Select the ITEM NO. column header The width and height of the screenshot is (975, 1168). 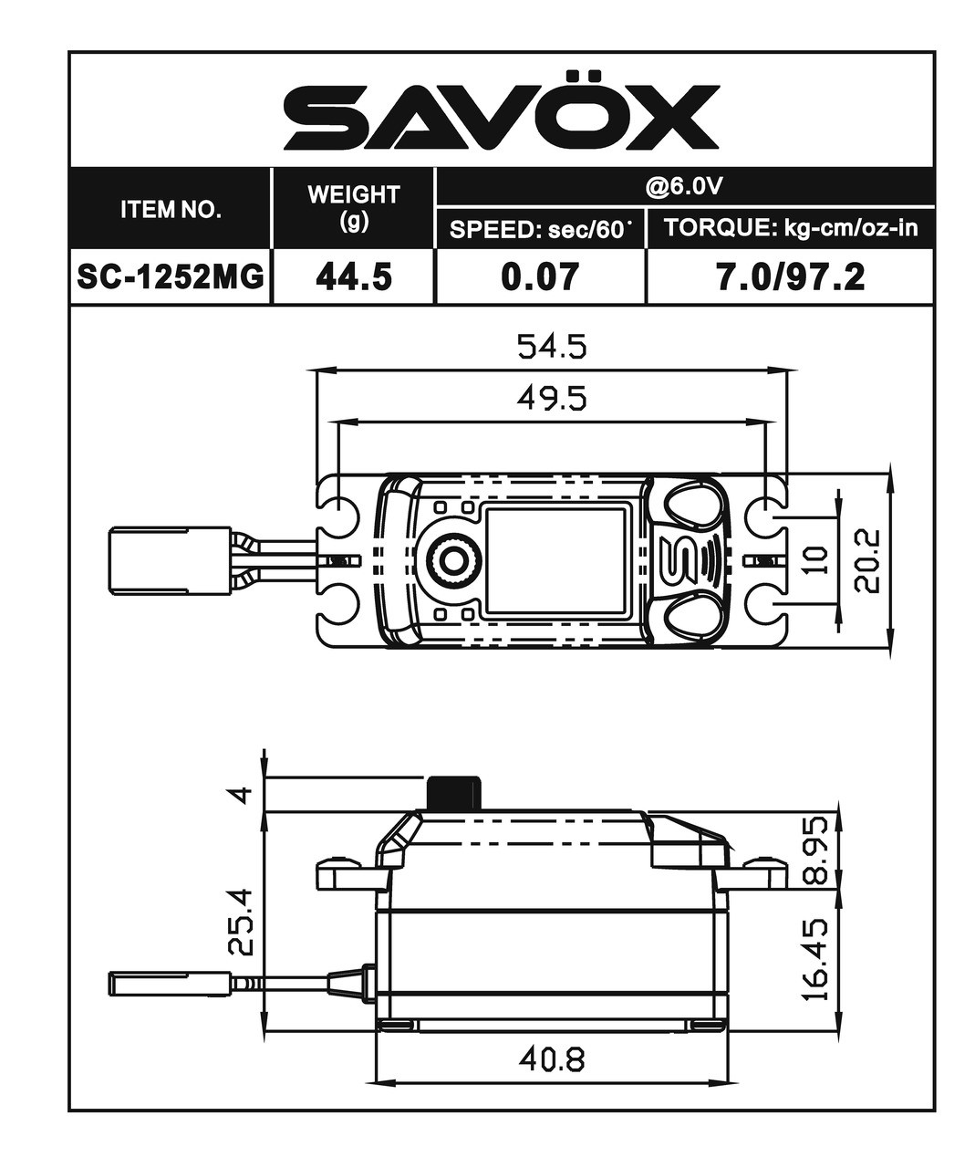pos(171,210)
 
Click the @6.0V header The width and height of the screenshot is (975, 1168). pos(684,186)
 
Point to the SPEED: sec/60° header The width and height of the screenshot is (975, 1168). pos(541,229)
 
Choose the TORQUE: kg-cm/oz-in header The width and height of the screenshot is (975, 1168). pos(790,228)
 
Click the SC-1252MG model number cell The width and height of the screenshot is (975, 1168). pos(171,276)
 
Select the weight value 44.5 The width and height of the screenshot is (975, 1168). pos(354,276)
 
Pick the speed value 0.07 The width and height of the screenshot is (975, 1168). pos(540,276)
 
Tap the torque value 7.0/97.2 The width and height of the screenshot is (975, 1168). pos(790,276)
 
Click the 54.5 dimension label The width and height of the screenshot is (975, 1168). pos(551,347)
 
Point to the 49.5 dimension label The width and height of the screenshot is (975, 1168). pos(551,399)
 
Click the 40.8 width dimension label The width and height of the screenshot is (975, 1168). pos(551,1058)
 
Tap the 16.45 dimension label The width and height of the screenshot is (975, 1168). pos(818,958)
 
